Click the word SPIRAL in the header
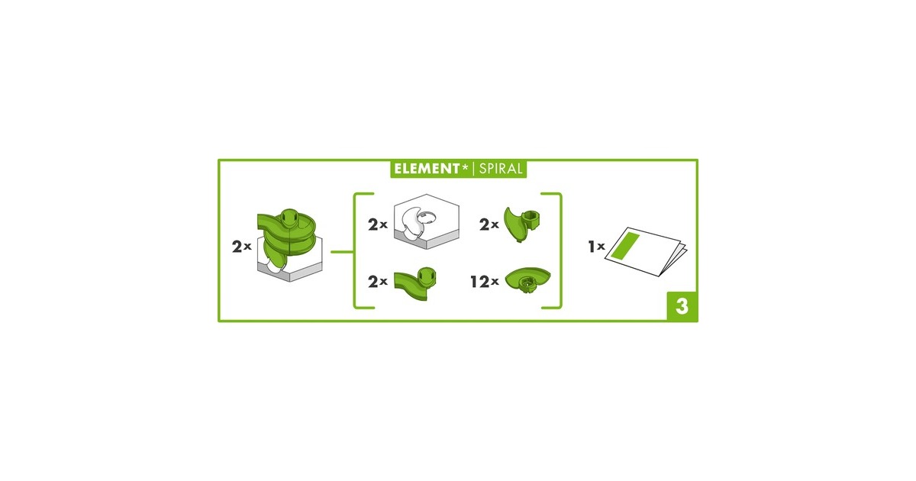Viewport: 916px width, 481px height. (501, 169)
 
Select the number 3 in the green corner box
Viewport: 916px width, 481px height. (682, 306)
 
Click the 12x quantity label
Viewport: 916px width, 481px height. (485, 282)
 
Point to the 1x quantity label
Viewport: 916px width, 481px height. (596, 246)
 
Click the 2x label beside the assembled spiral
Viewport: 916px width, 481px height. (241, 247)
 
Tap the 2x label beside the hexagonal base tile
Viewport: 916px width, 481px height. (377, 224)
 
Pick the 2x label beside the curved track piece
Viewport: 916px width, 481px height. (377, 282)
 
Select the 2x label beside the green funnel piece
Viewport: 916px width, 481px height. (489, 224)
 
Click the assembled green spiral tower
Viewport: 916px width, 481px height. (289, 244)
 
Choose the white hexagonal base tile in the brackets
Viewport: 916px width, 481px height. (427, 221)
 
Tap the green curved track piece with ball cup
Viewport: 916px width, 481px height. (415, 283)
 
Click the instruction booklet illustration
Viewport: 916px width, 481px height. (646, 251)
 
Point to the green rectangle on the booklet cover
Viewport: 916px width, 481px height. (626, 245)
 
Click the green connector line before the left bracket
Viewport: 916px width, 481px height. (342, 252)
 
